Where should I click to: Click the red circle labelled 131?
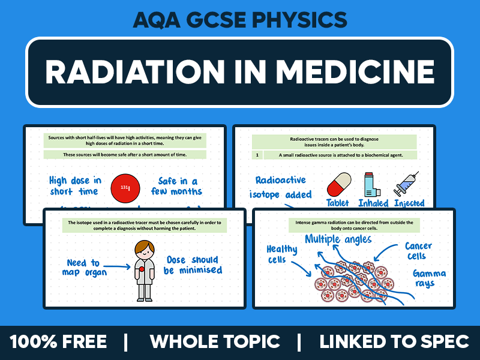click(125, 187)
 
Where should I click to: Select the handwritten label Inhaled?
click(373, 203)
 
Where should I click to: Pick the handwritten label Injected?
click(409, 203)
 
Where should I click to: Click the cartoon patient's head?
click(143, 250)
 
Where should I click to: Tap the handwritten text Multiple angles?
click(338, 239)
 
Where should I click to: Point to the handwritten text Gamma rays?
click(428, 278)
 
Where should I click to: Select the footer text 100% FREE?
click(58, 342)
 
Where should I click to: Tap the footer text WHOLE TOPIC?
click(215, 342)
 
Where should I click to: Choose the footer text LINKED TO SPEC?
click(394, 342)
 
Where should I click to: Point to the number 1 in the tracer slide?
click(257, 155)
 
